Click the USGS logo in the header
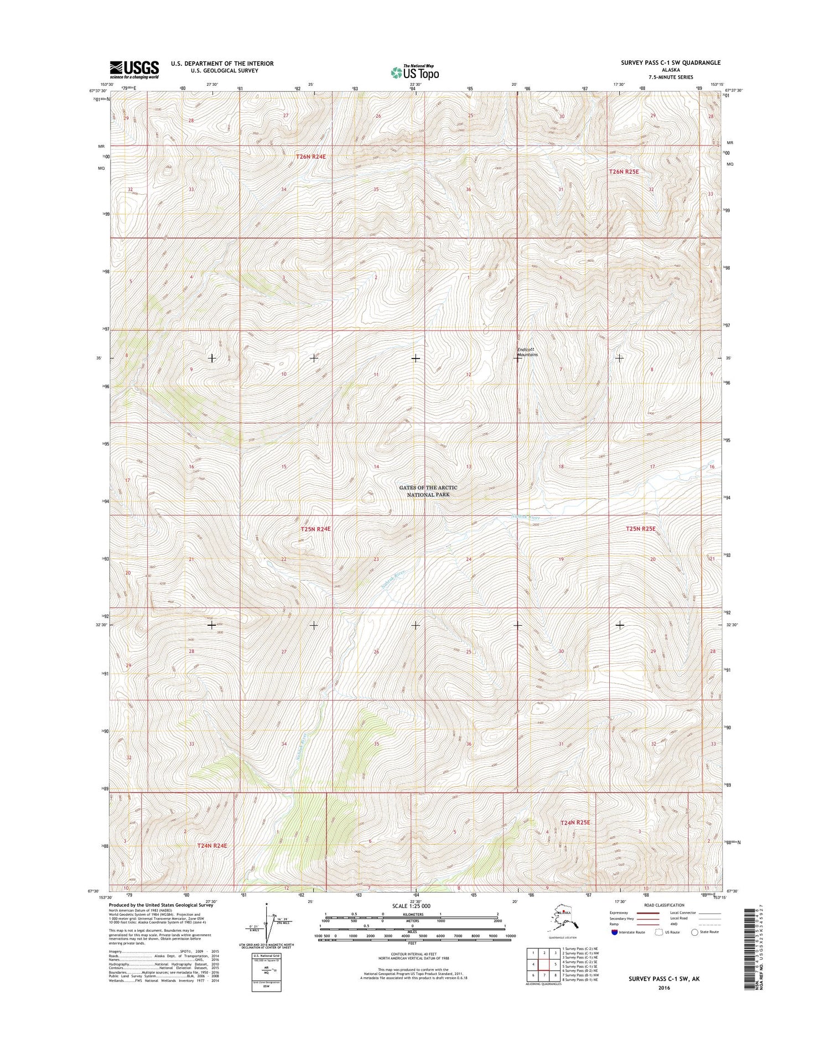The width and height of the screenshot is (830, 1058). [134, 69]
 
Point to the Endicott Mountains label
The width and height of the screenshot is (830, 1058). [527, 352]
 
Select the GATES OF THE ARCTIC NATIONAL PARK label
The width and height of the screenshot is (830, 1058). [428, 491]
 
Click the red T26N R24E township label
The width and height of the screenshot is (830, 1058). [310, 157]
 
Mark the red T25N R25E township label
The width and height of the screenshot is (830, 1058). [640, 529]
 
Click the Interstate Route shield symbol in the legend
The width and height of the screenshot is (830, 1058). [614, 932]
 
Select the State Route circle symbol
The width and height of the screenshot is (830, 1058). [695, 932]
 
